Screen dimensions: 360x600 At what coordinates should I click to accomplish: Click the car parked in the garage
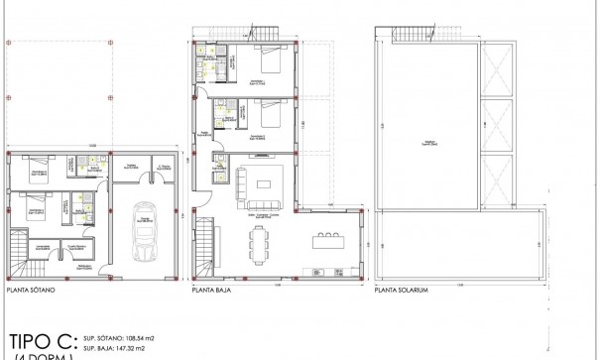(x=145, y=229)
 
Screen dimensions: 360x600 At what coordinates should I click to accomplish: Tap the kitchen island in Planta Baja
(x=326, y=240)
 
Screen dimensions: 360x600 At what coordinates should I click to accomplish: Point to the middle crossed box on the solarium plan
(x=496, y=124)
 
